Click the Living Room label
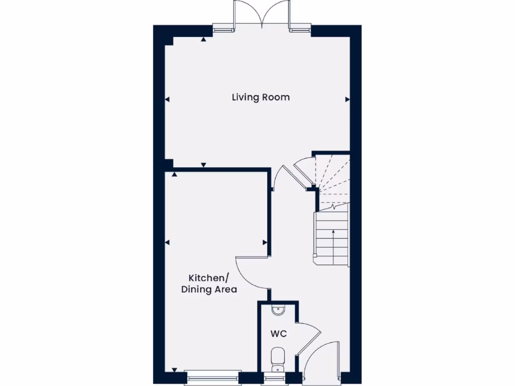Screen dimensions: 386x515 tap(261, 97)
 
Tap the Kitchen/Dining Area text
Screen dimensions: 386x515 tap(209, 283)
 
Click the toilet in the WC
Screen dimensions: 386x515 tap(278, 357)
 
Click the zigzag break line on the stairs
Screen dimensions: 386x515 tap(332, 206)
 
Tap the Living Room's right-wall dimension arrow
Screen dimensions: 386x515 tap(347, 100)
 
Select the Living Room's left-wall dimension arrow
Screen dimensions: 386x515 tap(167, 100)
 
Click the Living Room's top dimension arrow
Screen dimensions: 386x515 tap(203, 39)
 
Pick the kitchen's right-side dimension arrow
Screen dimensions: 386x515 tap(265, 243)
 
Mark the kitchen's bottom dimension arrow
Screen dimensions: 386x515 tap(175, 370)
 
